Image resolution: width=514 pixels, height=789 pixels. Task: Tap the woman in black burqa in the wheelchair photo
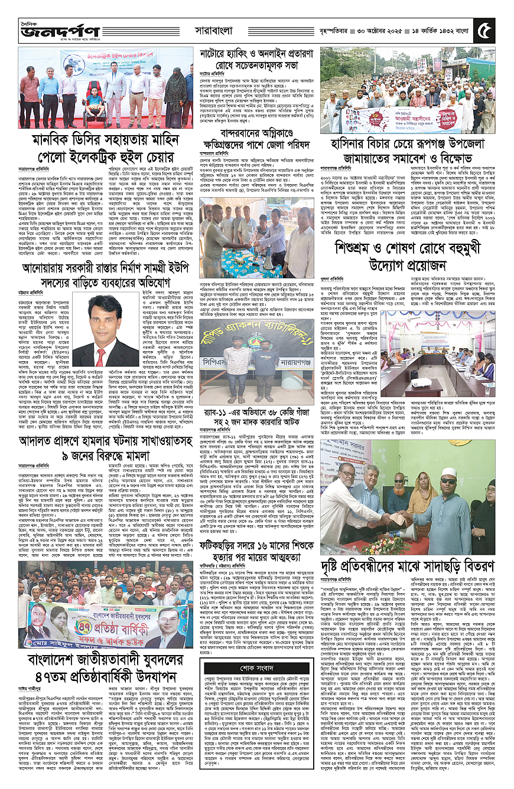175,97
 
